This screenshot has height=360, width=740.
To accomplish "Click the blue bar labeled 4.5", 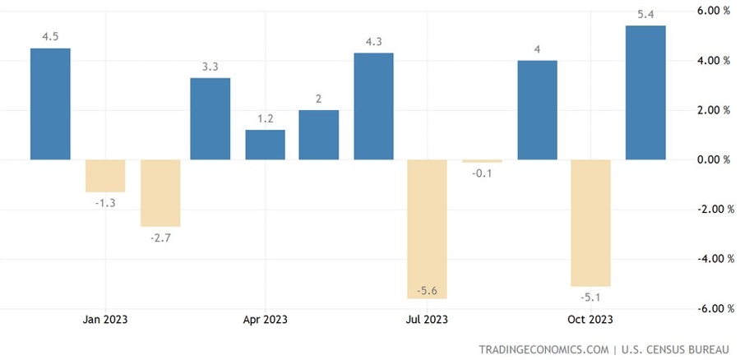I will pos(50,104).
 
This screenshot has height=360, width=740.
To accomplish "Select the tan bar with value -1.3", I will pos(105,176).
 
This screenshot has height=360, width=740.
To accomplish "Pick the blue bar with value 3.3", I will pos(210,118).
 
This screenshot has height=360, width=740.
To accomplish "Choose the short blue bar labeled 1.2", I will pos(265,145).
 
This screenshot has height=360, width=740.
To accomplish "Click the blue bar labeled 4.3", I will pos(373,106).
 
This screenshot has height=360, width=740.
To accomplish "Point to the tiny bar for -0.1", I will pos(482,161).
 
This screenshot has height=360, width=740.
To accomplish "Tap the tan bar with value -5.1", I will pos(590,223).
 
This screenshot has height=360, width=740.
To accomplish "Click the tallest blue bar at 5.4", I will pos(645,92).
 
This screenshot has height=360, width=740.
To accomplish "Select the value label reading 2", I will pos(319,99).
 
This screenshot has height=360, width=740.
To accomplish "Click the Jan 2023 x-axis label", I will pos(105,319).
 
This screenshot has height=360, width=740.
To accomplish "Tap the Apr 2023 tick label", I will pos(265,319).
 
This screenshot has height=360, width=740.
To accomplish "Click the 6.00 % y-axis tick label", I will pos(712,11).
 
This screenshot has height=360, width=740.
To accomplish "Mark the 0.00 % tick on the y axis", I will pos(712,160).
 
